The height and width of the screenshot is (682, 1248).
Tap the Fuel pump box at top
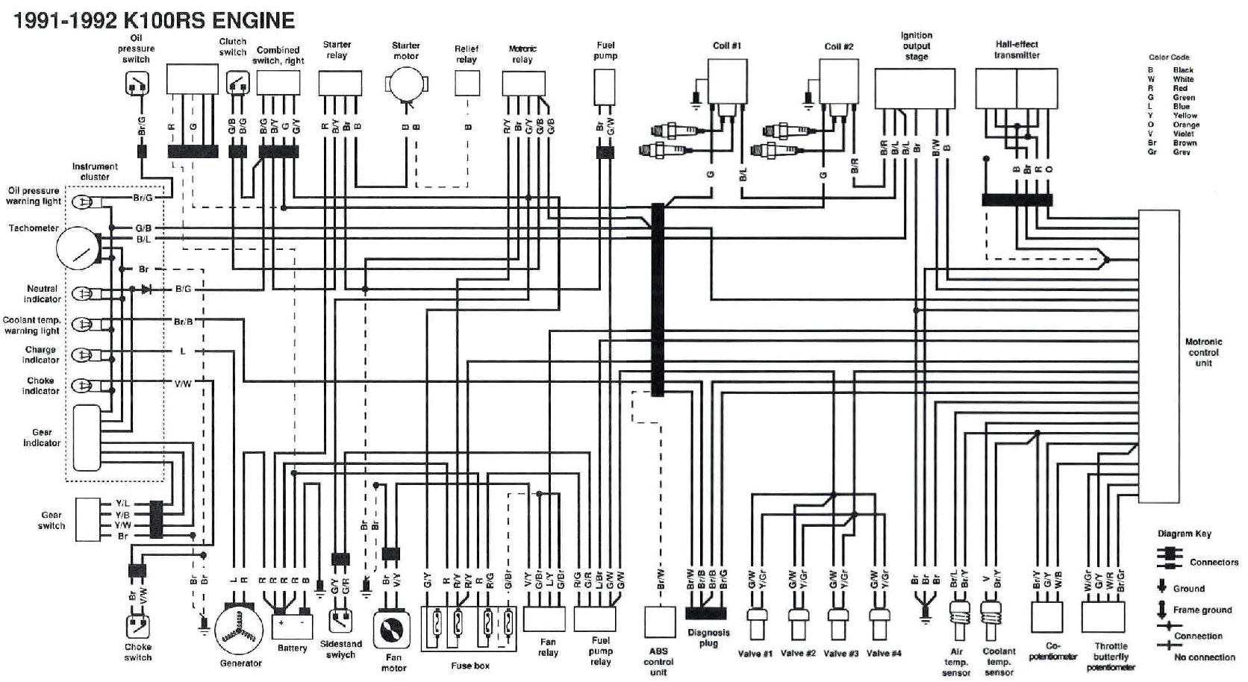coord(605,87)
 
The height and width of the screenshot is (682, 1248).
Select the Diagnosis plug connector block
coord(705,614)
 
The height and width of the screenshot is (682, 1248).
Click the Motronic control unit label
coord(1203,352)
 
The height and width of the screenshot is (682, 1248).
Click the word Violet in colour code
coord(1183,134)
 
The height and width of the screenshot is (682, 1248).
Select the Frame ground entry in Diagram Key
coord(1202,610)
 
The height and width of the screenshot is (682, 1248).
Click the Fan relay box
coord(544,619)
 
